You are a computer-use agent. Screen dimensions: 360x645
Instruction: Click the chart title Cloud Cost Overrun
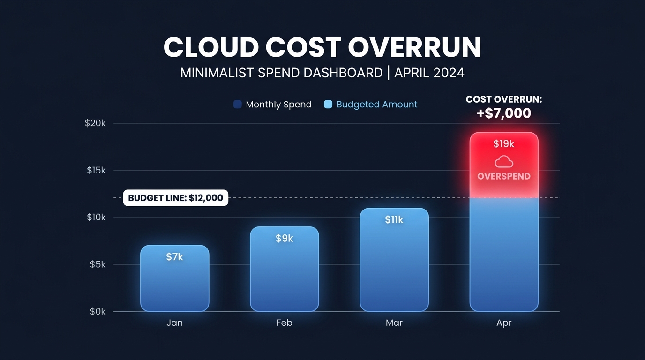(x=322, y=47)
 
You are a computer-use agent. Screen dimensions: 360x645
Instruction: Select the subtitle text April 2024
(x=429, y=73)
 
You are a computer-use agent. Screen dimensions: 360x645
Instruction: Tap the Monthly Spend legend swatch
(x=238, y=105)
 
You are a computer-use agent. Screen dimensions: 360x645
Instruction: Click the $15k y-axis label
(x=96, y=170)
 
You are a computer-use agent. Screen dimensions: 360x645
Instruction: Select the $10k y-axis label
(x=96, y=217)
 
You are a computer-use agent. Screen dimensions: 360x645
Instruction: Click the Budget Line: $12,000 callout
(x=175, y=198)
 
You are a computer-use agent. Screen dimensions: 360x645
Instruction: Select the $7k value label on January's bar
(x=174, y=257)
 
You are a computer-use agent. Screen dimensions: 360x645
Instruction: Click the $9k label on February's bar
(x=284, y=239)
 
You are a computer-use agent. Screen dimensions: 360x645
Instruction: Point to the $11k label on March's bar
(x=394, y=220)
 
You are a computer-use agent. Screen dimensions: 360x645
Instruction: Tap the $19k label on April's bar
(x=504, y=144)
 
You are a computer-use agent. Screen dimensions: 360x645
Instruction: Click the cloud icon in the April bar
(x=504, y=162)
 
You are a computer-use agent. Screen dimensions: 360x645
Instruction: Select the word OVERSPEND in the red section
(x=504, y=177)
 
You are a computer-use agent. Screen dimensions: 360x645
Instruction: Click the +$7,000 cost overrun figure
(x=504, y=113)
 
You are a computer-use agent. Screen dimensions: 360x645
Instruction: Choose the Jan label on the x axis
(x=174, y=323)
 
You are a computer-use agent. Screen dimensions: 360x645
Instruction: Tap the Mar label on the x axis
(x=394, y=323)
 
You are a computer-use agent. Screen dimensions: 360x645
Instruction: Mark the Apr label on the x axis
(x=504, y=323)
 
